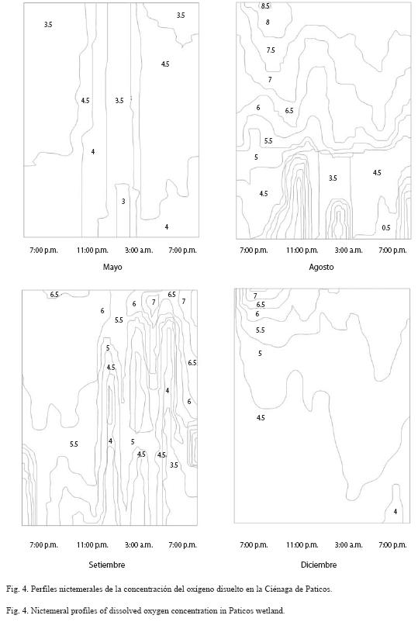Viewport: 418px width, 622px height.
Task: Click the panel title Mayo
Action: click(112, 267)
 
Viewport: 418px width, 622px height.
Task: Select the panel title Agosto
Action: click(321, 268)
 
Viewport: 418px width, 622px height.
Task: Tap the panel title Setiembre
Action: click(107, 565)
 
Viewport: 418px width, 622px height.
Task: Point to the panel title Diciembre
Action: click(319, 565)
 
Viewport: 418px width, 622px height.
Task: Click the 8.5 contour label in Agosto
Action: click(265, 6)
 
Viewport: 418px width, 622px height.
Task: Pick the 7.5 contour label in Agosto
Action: click(271, 50)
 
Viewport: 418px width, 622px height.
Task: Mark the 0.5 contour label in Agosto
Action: click(386, 228)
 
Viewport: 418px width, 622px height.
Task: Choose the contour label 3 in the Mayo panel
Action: click(123, 202)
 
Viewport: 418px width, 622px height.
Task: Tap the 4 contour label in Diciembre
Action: click(396, 512)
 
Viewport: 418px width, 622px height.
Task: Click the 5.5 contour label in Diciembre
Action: click(260, 330)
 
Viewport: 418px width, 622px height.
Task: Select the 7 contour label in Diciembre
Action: click(255, 296)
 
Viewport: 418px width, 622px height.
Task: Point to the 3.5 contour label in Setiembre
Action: click(174, 465)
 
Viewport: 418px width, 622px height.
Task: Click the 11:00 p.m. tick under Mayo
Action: click(92, 251)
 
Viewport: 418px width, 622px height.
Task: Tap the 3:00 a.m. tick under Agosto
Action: click(349, 251)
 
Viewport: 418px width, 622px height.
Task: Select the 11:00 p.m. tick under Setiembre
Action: click(92, 545)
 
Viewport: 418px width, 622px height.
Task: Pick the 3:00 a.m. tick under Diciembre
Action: click(349, 545)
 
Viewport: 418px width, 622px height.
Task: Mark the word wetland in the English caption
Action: click(271, 610)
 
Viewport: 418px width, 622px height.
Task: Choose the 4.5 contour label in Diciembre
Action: click(261, 418)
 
